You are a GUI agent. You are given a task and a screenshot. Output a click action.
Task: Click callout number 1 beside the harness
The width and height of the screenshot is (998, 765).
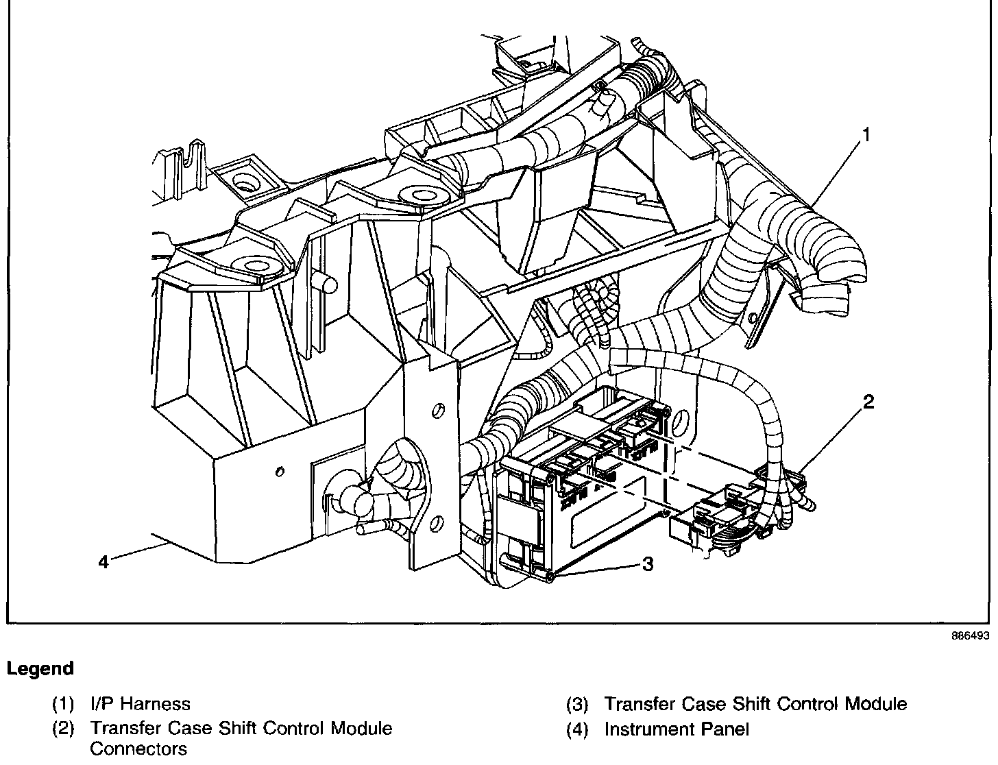(x=865, y=135)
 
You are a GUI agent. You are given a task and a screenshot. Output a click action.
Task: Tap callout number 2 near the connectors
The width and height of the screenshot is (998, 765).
(x=868, y=402)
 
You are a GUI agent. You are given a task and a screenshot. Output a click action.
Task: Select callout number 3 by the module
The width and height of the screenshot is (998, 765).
(x=647, y=564)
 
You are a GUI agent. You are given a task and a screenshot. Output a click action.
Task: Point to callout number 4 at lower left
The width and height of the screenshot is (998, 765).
(x=103, y=563)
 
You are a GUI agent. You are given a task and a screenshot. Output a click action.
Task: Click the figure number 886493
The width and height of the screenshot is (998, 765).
(x=970, y=635)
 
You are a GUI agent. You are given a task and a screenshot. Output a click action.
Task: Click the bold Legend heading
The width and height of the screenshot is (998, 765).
(x=40, y=668)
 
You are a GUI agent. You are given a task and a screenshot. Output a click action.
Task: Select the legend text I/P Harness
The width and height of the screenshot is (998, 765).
(x=140, y=704)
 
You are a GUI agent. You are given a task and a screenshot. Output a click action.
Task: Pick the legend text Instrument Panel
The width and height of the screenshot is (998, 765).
(x=677, y=729)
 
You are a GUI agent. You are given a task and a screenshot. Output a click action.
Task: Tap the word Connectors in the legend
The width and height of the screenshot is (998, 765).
(x=138, y=749)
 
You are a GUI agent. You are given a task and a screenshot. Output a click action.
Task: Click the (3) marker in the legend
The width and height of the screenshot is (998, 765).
(x=577, y=705)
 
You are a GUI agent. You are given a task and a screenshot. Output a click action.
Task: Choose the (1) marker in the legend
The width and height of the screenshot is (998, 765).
(x=63, y=705)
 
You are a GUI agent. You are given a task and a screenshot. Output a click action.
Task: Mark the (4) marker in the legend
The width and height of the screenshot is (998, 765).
(x=577, y=730)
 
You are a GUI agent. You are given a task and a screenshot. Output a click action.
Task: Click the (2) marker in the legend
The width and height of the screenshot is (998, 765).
(x=63, y=729)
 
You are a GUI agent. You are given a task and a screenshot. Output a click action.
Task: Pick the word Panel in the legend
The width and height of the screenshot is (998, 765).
(x=727, y=729)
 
